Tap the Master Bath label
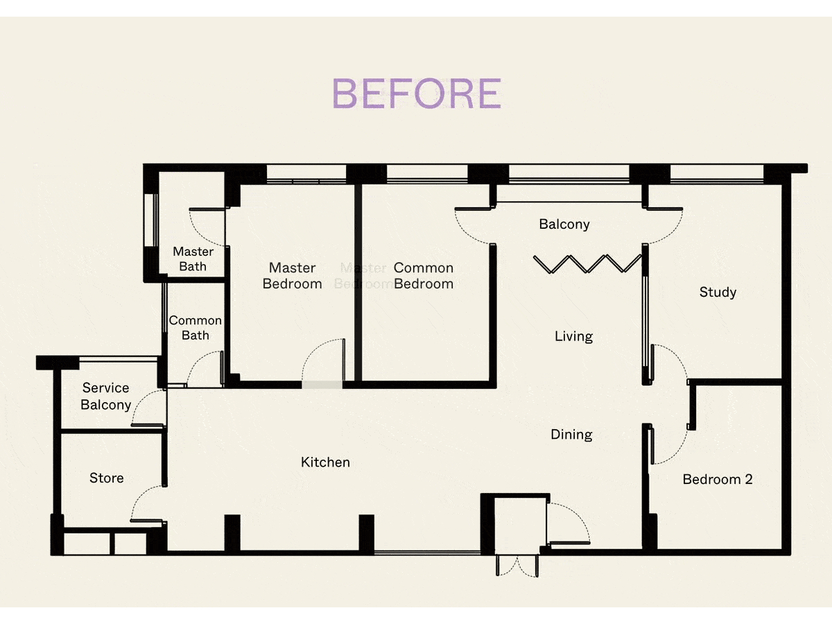coord(193,259)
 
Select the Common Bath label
coord(196,328)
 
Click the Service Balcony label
coord(106,397)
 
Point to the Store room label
coord(107,478)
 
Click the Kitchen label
coord(325,462)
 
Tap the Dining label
coord(571,435)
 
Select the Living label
coord(573,336)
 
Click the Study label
coord(718,292)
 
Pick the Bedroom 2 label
coord(718,479)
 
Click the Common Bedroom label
coord(424,276)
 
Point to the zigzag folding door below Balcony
coord(587,263)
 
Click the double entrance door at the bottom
coord(517,566)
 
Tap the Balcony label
coord(564,224)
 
